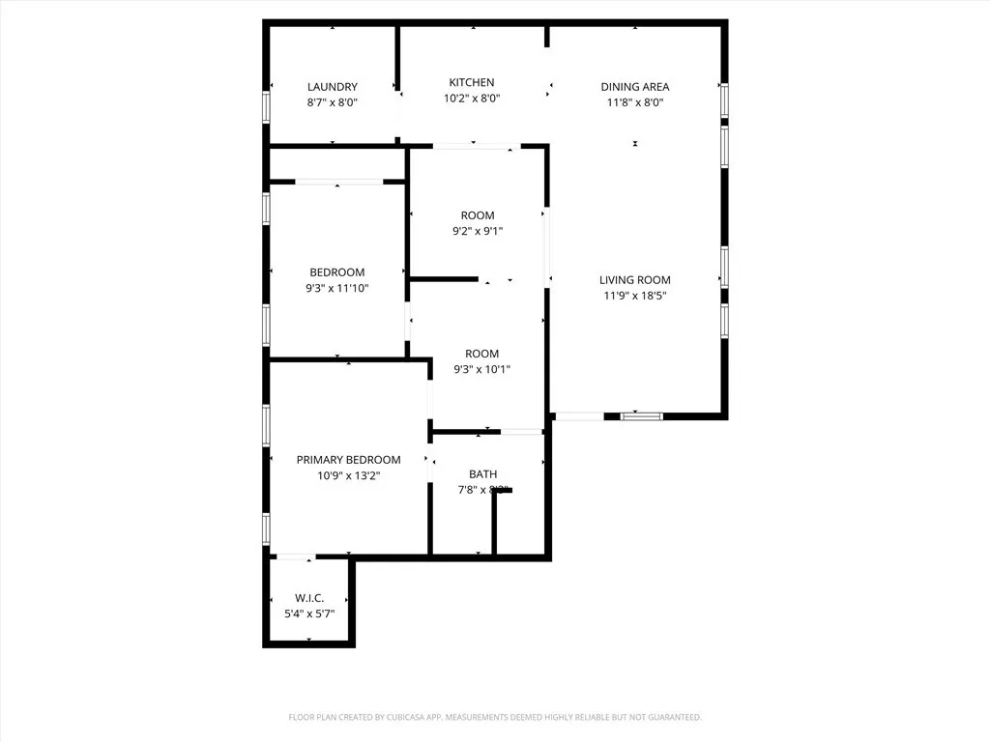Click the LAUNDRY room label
coord(333,87)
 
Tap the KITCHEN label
coord(472,83)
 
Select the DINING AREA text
coord(635,87)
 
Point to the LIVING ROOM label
coord(634,280)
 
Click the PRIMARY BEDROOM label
coord(348,460)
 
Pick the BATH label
coord(483,474)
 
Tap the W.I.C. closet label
coord(309,598)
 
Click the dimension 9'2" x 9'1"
coord(478,231)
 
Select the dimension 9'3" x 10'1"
coord(481,369)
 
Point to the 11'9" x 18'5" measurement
coord(634,296)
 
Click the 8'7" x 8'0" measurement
coord(333,102)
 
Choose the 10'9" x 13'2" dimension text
coord(348,475)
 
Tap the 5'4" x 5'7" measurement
coord(309,614)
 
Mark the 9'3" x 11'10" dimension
coord(337,288)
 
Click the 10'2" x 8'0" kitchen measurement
coord(472,99)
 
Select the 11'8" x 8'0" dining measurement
coord(635,102)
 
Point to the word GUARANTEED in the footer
coord(671,717)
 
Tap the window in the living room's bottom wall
coord(642,416)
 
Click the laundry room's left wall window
coord(266,106)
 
